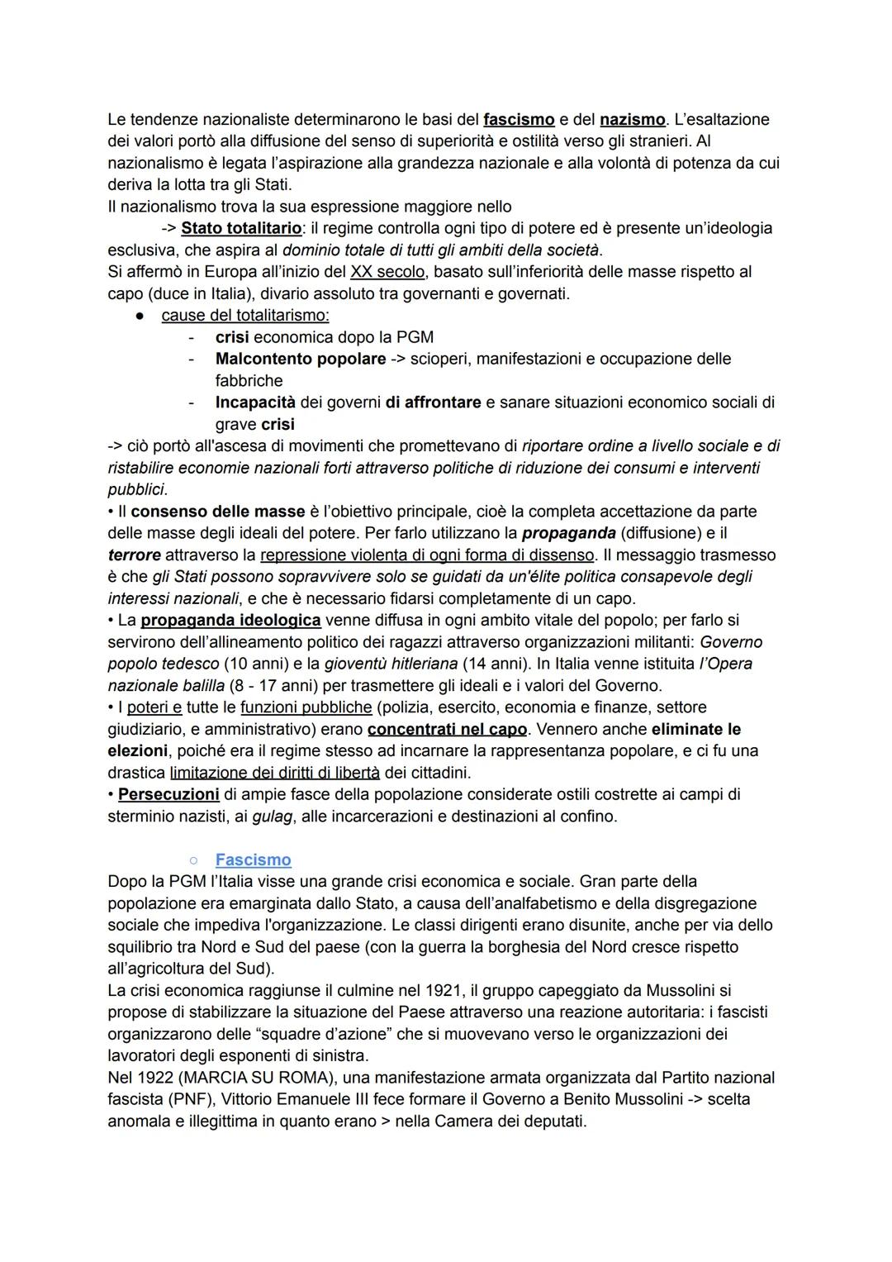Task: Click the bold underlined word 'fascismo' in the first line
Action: click(x=519, y=120)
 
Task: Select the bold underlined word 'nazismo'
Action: click(x=633, y=120)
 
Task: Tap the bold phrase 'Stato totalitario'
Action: click(x=241, y=228)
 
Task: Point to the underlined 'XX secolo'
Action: click(x=386, y=272)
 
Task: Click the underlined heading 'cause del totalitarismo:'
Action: click(x=245, y=316)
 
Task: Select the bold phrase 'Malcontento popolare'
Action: click(x=301, y=360)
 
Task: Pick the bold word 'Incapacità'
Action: click(x=255, y=402)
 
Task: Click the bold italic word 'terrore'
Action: click(x=134, y=555)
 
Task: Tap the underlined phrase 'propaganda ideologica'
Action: click(x=230, y=620)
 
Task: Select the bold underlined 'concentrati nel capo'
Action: click(x=448, y=730)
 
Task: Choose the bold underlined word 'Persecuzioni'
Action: click(x=168, y=795)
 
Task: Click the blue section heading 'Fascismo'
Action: click(x=253, y=860)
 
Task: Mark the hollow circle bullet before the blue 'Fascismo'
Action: click(x=192, y=861)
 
